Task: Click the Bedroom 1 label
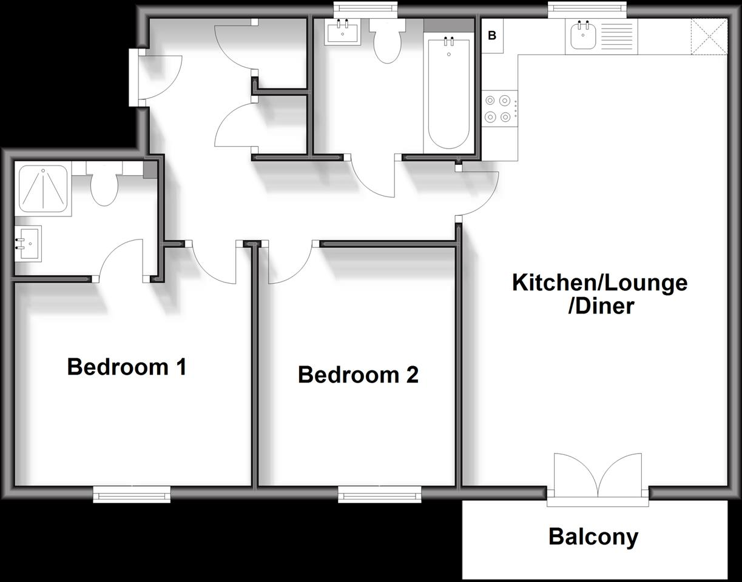point(126,367)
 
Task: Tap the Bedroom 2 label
point(358,375)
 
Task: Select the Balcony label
point(593,537)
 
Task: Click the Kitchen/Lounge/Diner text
point(599,294)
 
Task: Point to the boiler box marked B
point(492,36)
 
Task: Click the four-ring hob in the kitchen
point(499,109)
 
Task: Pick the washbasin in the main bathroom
point(343,32)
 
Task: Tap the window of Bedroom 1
point(132,495)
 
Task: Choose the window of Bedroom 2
point(380,495)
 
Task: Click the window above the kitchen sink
point(587,8)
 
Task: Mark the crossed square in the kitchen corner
point(709,36)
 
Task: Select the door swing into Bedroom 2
point(289,264)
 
